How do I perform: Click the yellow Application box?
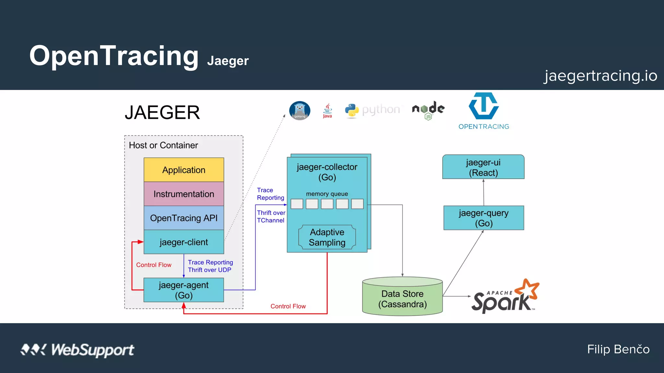tap(184, 170)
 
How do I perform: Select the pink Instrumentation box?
tap(184, 194)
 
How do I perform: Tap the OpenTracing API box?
tap(184, 218)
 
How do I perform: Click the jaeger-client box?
tap(184, 242)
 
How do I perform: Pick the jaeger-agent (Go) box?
tap(184, 290)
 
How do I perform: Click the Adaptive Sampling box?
tap(327, 237)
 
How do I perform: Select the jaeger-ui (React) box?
tap(483, 167)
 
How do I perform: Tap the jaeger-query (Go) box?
tap(483, 218)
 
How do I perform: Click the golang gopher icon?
tap(300, 111)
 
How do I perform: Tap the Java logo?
tap(327, 111)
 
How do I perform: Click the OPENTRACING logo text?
tap(483, 127)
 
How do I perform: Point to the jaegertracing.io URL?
tap(600, 76)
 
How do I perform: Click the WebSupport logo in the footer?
tap(77, 350)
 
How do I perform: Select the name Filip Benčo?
tap(618, 349)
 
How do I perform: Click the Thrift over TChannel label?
tap(271, 217)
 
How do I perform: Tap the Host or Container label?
tap(163, 145)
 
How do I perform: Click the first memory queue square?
tap(297, 204)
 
